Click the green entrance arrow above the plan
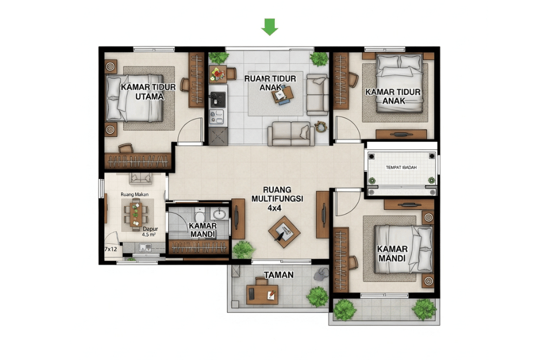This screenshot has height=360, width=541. click(269, 26)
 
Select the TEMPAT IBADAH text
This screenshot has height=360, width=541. click(401, 167)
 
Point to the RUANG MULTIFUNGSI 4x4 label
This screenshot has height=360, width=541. click(277, 198)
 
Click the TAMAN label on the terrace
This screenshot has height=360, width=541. click(279, 275)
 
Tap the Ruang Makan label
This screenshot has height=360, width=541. click(134, 194)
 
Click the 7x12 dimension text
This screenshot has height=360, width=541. click(111, 249)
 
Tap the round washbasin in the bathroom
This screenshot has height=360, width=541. click(220, 213)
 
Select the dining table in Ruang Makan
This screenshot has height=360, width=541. click(135, 212)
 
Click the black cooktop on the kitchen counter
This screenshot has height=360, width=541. click(219, 98)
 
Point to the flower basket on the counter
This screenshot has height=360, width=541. click(218, 73)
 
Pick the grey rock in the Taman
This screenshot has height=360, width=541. click(320, 274)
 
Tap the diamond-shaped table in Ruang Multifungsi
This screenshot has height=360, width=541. click(284, 232)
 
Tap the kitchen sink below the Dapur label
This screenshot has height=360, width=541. click(144, 248)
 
